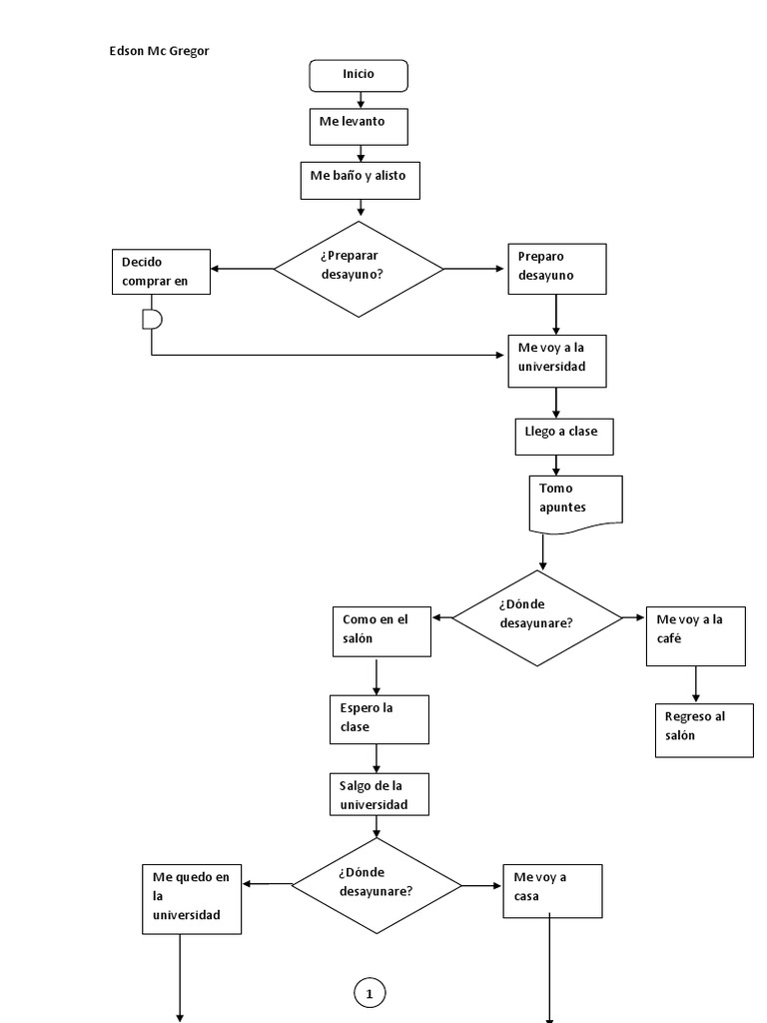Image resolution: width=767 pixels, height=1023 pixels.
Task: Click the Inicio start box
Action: pyautogui.click(x=359, y=75)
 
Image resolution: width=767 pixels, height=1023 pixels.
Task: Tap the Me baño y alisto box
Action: pyautogui.click(x=360, y=180)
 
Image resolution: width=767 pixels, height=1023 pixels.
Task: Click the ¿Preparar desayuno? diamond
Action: pyautogui.click(x=359, y=269)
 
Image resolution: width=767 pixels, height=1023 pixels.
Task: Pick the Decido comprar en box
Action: pyautogui.click(x=161, y=272)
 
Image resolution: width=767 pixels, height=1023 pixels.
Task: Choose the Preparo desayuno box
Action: pyautogui.click(x=556, y=269)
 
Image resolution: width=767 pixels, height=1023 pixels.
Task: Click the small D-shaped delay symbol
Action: pyautogui.click(x=152, y=319)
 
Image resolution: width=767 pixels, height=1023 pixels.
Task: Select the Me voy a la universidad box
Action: pyautogui.click(x=556, y=360)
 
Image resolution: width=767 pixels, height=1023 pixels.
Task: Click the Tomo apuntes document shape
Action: pyautogui.click(x=575, y=499)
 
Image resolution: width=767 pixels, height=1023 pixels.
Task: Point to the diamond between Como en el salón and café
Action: pyautogui.click(x=536, y=617)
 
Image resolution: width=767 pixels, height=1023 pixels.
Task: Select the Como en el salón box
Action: pyautogui.click(x=382, y=630)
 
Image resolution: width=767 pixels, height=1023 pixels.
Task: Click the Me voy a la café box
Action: pyautogui.click(x=695, y=635)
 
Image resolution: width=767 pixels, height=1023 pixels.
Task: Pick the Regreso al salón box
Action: pyautogui.click(x=704, y=730)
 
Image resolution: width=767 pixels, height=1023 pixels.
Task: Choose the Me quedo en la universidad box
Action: pyautogui.click(x=192, y=897)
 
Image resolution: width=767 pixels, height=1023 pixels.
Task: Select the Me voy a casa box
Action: pyautogui.click(x=552, y=890)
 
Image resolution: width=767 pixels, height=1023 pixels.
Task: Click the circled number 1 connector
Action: pyautogui.click(x=370, y=993)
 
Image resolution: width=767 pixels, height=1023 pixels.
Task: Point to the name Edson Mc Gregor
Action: pyautogui.click(x=159, y=52)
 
